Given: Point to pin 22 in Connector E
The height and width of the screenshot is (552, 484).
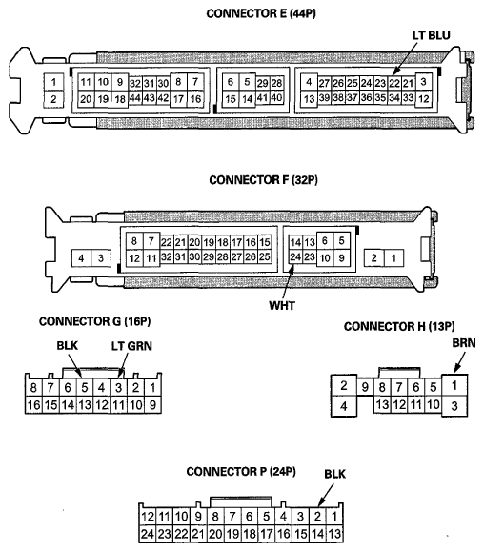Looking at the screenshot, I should (x=394, y=83).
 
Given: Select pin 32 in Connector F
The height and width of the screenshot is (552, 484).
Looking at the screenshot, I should (x=165, y=257).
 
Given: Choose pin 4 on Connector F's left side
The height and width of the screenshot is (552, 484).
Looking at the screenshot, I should (x=82, y=258).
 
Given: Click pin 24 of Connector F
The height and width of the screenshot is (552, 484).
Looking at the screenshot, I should (x=296, y=257).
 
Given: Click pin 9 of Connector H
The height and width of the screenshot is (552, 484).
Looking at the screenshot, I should (x=364, y=387).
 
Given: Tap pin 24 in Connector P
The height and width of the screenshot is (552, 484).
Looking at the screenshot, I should (x=147, y=534).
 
